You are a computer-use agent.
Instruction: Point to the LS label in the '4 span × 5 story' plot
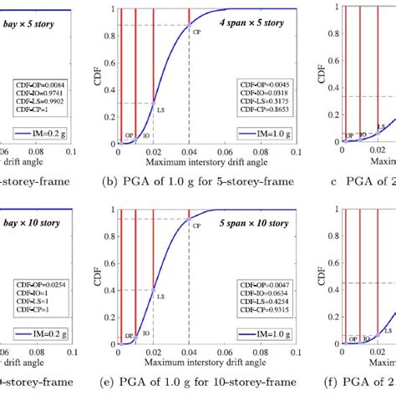(x=163, y=109)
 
